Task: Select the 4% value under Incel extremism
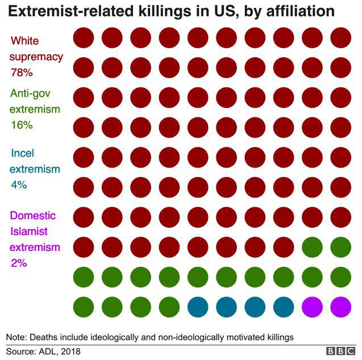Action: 19,184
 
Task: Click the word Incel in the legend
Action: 22,153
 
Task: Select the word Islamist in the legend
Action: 30,232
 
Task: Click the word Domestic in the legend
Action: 34,216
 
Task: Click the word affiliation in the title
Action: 303,12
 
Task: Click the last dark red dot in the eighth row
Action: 284,247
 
